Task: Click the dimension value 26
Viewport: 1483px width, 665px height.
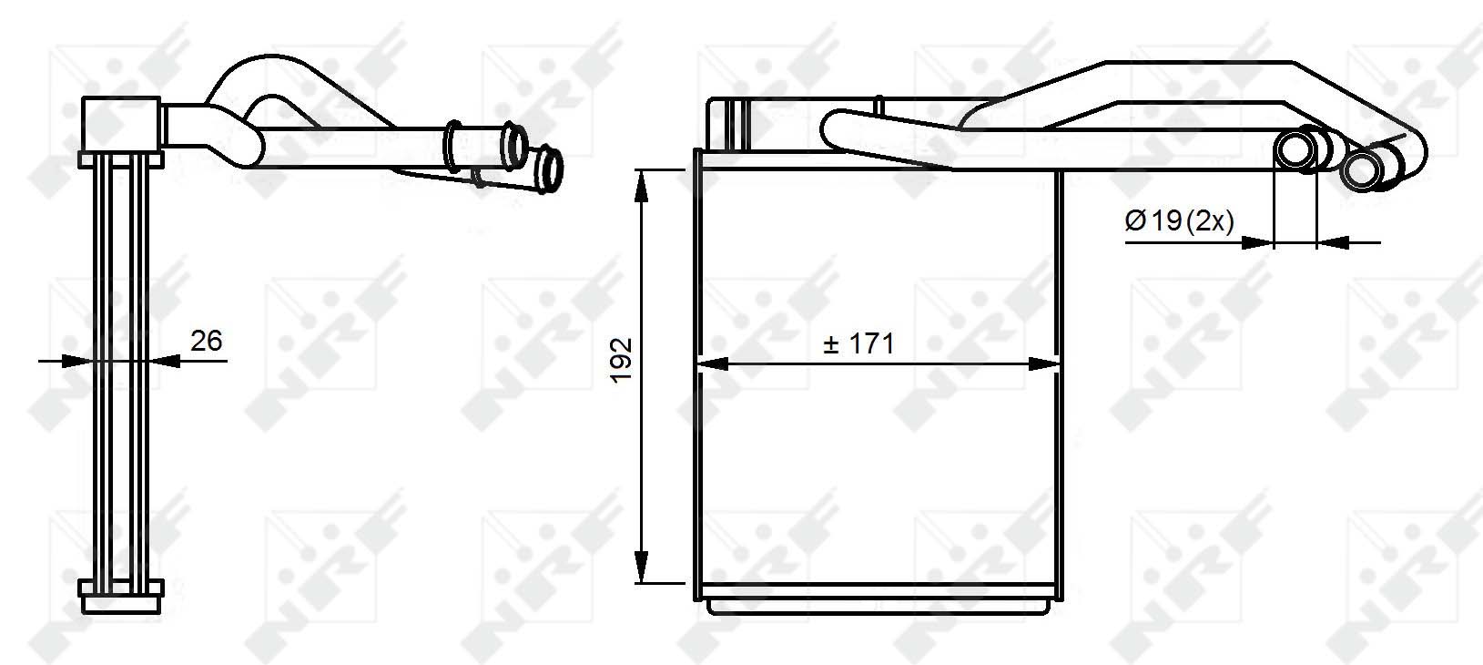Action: [x=206, y=341]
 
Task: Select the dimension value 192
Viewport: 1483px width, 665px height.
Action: [x=622, y=361]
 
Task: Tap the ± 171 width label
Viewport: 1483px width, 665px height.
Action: [x=858, y=343]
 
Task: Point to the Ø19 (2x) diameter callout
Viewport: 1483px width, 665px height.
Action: [x=1179, y=220]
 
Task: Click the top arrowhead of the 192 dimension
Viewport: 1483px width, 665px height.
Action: [x=641, y=186]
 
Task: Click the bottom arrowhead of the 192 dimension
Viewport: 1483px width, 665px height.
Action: [x=641, y=568]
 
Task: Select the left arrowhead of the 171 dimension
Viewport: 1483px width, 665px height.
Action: [x=713, y=363]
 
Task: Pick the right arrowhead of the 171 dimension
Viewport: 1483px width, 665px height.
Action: [x=1044, y=363]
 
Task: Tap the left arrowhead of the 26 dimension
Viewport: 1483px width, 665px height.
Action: [x=76, y=361]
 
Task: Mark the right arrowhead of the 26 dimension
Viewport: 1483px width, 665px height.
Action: [x=165, y=361]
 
